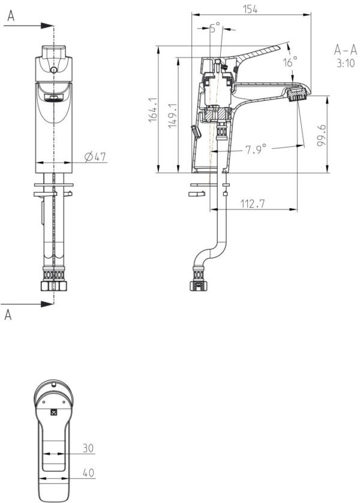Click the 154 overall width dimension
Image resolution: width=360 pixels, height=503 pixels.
point(250,8)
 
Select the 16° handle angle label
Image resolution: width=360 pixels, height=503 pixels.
point(290,62)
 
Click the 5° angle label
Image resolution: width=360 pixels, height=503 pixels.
point(215,27)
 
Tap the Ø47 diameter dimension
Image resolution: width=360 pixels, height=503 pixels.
point(95,157)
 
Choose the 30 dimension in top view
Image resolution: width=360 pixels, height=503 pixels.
point(89,448)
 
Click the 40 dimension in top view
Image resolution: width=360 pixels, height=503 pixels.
point(89,473)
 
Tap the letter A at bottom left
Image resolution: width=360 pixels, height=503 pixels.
point(8,315)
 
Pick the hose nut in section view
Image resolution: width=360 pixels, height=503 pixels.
point(198,285)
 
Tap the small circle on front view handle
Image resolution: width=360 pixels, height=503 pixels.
point(54,70)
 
